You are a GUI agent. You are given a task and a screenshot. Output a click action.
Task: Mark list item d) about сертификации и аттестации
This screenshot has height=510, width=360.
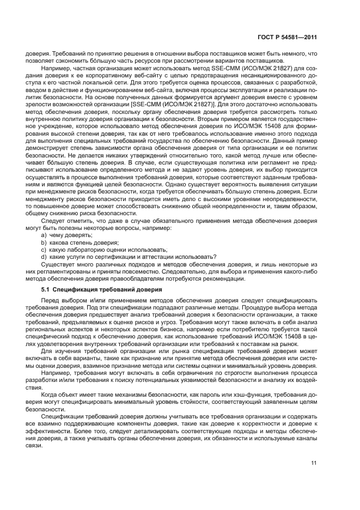129,257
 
